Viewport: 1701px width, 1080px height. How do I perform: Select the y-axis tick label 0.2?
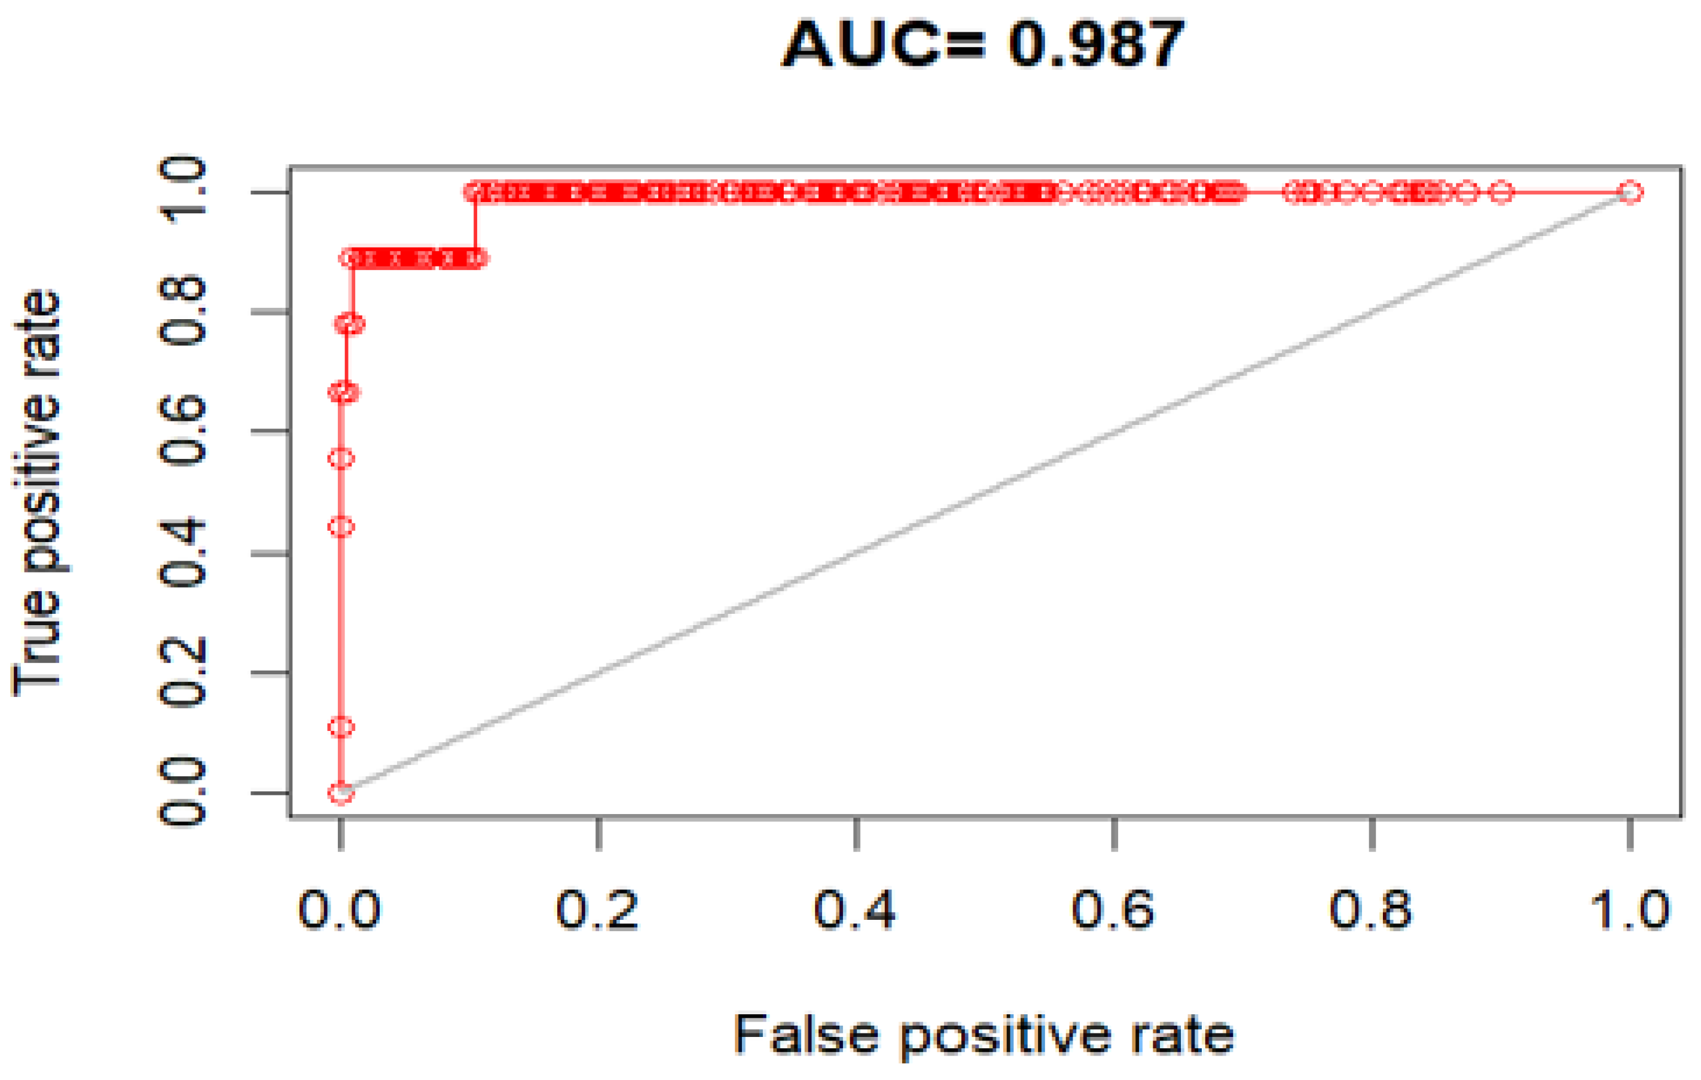point(182,672)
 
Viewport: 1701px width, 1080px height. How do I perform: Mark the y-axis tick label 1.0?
point(182,191)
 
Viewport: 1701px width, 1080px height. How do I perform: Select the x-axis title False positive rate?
point(984,1035)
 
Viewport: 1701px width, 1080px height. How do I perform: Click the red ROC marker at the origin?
point(341,793)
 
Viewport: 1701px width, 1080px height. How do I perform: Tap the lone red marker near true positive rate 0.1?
point(341,727)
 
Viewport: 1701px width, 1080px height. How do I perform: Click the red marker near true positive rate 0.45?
point(341,527)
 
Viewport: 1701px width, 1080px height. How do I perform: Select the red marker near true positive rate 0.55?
point(341,459)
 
